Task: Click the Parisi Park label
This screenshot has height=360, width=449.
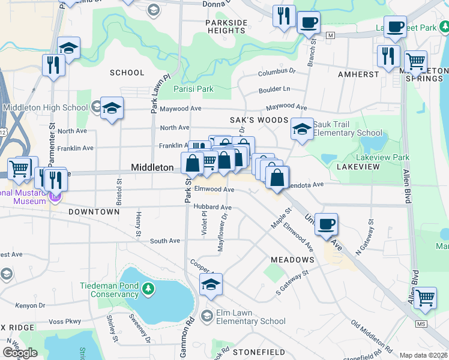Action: click(x=193, y=89)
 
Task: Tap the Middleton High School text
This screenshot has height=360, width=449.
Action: click(x=45, y=108)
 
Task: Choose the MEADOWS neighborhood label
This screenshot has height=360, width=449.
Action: click(x=292, y=260)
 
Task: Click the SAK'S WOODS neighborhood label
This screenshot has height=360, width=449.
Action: click(x=262, y=121)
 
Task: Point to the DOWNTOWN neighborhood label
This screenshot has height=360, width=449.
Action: click(x=94, y=212)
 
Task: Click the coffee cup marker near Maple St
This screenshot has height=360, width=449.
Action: click(x=326, y=224)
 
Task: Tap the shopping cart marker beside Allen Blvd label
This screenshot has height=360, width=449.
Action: click(x=425, y=298)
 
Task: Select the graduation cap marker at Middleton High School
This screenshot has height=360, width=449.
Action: click(x=112, y=109)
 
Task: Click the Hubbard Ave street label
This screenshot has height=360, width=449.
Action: click(x=212, y=207)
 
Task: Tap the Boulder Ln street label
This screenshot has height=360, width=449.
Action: click(x=274, y=89)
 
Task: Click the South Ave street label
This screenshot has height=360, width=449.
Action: click(x=165, y=241)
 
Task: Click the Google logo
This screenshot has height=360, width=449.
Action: click(x=20, y=353)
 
